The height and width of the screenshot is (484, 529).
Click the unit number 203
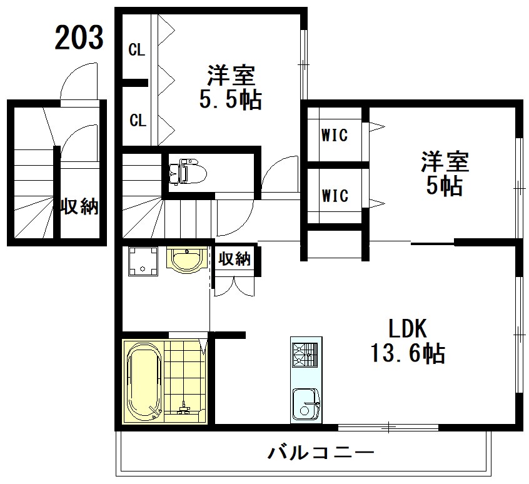tap(79, 38)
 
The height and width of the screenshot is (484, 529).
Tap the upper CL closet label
tap(137, 51)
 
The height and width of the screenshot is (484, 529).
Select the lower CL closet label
tap(138, 120)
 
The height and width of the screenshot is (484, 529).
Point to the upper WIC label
tap(335, 134)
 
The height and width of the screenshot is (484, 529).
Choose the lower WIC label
tap(335, 196)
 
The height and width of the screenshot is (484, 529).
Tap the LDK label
tap(407, 328)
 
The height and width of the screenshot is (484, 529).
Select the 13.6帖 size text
tap(407, 354)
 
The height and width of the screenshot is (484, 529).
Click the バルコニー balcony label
tap(321, 451)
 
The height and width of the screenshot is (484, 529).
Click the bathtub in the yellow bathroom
tap(144, 381)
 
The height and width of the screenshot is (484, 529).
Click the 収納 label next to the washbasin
tap(235, 259)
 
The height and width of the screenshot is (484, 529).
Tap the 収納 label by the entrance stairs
tap(79, 207)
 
